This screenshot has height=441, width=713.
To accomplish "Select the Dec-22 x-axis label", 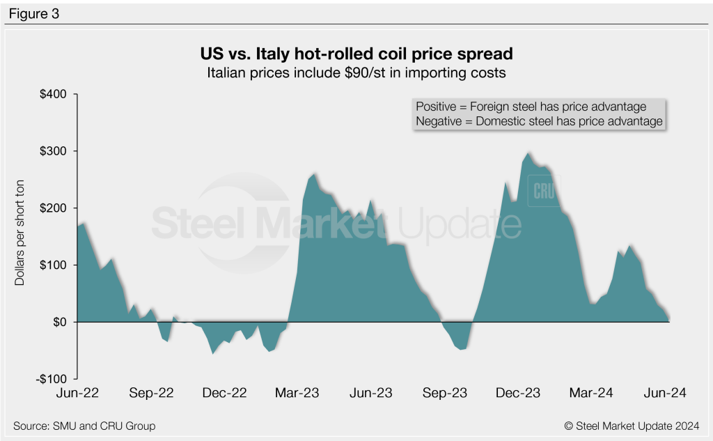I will pos(225,393).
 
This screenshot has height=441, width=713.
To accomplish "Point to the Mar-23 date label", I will pos(298,393).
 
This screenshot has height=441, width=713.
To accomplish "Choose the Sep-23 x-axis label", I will pos(444,393).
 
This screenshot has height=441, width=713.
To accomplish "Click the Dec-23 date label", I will pos(517,393).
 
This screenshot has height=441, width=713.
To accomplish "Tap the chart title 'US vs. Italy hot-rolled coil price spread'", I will pos(356,54).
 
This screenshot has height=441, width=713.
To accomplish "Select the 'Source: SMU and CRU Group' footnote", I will pos(84,426).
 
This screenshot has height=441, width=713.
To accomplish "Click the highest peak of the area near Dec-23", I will pos(529,153).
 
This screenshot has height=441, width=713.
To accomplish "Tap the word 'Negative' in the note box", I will pos(438,121).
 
